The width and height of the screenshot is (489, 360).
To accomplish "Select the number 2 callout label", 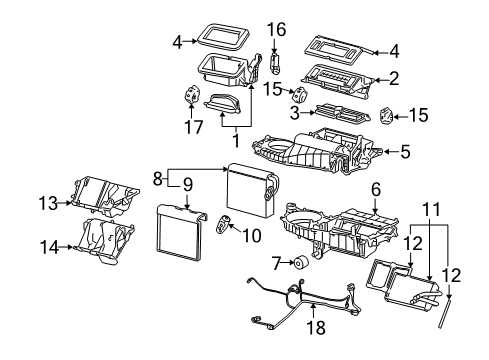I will (394, 78).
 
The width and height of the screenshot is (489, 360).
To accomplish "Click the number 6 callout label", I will (375, 189).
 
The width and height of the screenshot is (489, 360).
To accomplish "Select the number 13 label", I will (44, 203).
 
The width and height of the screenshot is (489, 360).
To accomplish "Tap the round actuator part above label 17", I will (188, 96).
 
